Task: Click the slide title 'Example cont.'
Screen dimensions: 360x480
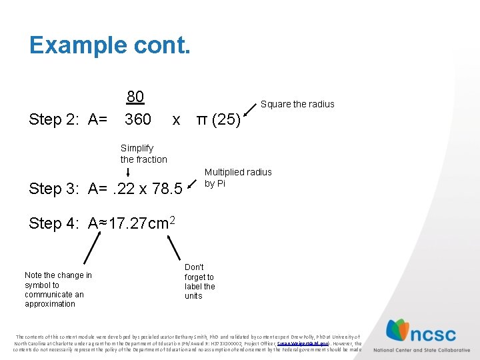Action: pos(109,45)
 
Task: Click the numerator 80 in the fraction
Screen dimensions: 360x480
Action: pos(135,97)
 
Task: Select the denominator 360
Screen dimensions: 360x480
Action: pos(138,120)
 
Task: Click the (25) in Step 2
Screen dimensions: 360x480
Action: pos(228,121)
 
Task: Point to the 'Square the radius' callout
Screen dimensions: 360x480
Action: pos(297,104)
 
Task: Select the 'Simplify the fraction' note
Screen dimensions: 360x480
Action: pos(143,154)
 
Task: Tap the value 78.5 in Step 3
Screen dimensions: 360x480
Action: pos(167,189)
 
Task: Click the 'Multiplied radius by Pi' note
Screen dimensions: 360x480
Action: pos(237,177)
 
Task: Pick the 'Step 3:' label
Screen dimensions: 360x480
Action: pos(56,189)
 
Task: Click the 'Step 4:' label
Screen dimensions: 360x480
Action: pos(56,223)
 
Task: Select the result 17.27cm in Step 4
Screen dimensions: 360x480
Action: pos(137,223)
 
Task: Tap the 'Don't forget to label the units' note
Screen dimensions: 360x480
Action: pos(199,281)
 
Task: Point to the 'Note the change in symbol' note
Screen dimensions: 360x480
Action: pos(58,289)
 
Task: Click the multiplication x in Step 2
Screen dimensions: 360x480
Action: pos(176,121)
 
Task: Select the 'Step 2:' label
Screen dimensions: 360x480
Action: pos(56,120)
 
